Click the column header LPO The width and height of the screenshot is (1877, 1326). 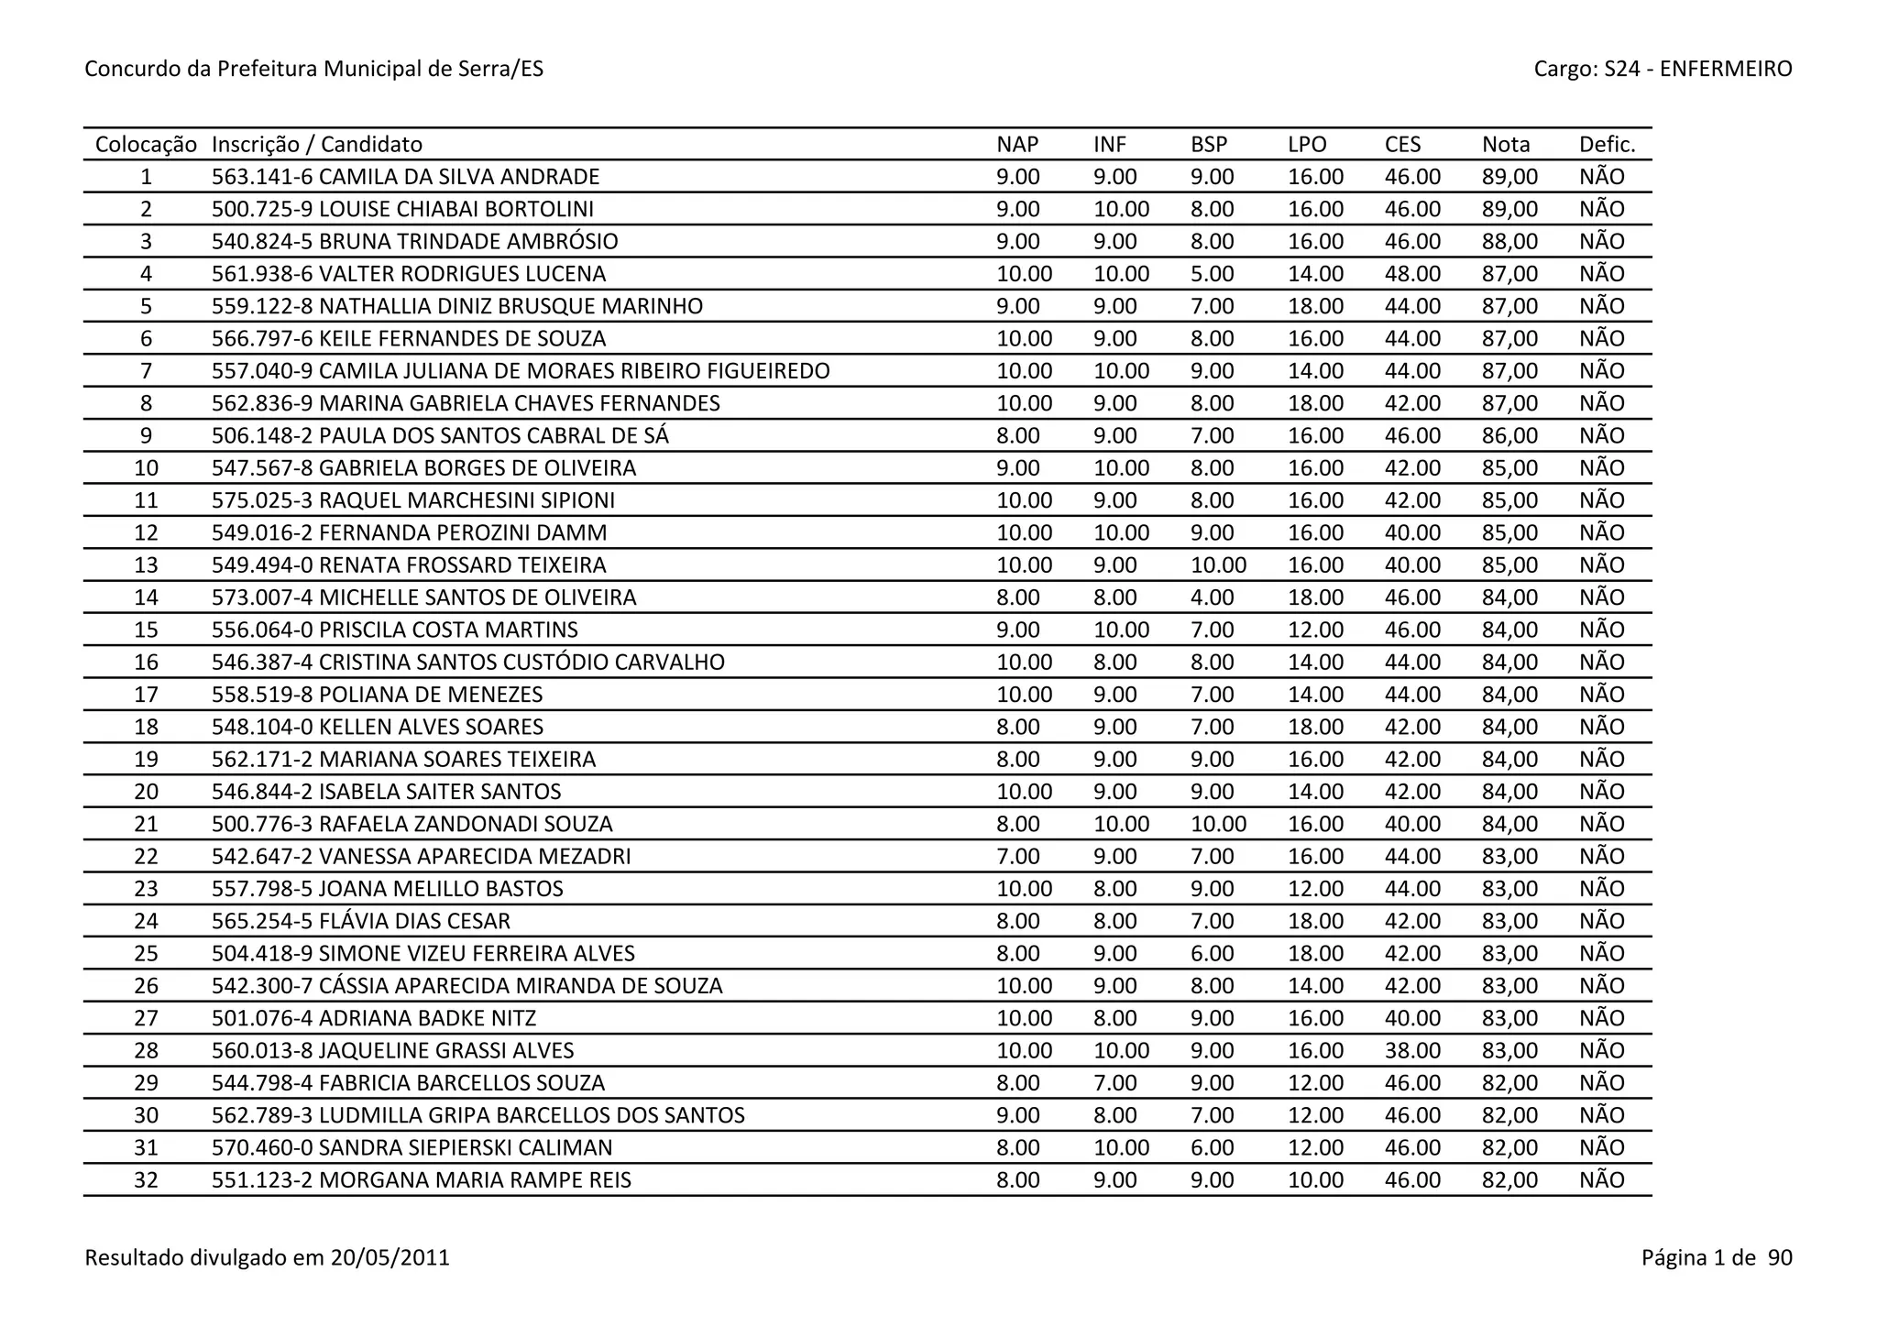point(1307,145)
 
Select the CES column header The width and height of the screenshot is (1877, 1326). point(1402,145)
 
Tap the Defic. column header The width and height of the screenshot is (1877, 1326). point(1607,145)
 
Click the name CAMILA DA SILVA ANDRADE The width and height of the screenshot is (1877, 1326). point(459,177)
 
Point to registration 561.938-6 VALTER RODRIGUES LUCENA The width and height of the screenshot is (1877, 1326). point(409,274)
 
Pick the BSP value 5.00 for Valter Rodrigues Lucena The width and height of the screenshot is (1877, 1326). point(1212,274)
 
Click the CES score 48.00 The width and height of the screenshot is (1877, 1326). point(1412,274)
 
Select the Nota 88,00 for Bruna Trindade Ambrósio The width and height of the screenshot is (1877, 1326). point(1509,242)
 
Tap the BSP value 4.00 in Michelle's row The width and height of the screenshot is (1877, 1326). point(1212,597)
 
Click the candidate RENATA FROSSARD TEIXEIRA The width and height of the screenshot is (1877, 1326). point(463,565)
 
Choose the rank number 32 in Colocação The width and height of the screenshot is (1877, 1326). point(146,1180)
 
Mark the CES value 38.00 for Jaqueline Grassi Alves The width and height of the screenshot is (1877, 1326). point(1412,1051)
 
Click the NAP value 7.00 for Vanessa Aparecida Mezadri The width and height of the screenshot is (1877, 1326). point(1017,857)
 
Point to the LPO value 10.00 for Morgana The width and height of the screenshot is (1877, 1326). point(1315,1180)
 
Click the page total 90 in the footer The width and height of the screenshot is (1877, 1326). point(1779,1257)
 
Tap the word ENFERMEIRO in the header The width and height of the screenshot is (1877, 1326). point(1726,69)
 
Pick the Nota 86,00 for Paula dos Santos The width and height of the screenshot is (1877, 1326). point(1509,436)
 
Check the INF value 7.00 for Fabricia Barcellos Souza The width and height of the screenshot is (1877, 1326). point(1114,1083)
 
